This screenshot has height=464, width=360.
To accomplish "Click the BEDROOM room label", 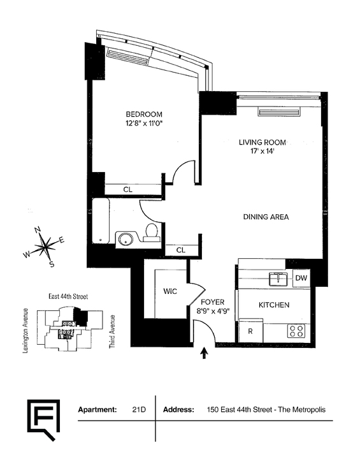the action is pyautogui.click(x=144, y=114).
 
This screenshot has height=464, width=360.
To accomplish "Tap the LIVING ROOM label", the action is pyautogui.click(x=263, y=142).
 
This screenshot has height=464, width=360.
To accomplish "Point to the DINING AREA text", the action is pyautogui.click(x=266, y=217).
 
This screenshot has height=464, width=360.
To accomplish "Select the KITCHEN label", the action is pyautogui.click(x=274, y=305).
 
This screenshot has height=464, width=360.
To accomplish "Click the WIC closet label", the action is pyautogui.click(x=170, y=291).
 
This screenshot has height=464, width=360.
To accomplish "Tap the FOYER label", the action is pyautogui.click(x=212, y=302).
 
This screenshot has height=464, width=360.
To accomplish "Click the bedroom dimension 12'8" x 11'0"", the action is pyautogui.click(x=144, y=123).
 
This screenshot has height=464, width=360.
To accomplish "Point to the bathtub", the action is pyautogui.click(x=101, y=221).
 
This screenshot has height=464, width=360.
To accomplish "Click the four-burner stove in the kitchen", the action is pyautogui.click(x=296, y=331).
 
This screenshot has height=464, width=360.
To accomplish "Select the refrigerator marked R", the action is pyautogui.click(x=250, y=331).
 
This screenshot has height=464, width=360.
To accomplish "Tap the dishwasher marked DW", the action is pyautogui.click(x=301, y=278).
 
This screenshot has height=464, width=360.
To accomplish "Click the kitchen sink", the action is pyautogui.click(x=278, y=279).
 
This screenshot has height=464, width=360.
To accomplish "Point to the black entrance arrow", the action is pyautogui.click(x=204, y=353).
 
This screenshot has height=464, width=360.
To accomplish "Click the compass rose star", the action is pyautogui.click(x=45, y=245).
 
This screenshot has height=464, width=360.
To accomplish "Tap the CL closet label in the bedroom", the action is pyautogui.click(x=128, y=190).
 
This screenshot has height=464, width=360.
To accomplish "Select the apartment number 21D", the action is pyautogui.click(x=139, y=410).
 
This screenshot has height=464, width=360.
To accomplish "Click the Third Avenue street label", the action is pyautogui.click(x=112, y=331).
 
